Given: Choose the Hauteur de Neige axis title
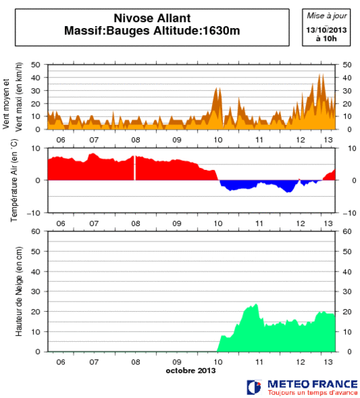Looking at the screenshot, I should [19, 291].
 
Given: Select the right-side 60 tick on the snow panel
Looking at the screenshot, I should [347, 231].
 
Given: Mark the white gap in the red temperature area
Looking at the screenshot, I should [135, 168].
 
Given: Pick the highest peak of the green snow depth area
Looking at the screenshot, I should [256, 306].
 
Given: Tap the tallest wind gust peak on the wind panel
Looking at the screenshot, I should [320, 75].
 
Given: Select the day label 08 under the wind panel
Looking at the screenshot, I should [136, 138].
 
